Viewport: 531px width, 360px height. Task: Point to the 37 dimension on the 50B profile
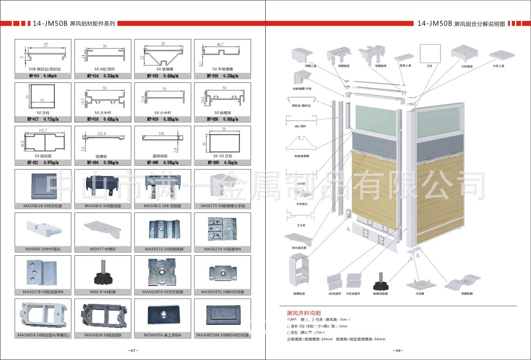45,45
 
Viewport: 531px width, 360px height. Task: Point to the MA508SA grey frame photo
43,315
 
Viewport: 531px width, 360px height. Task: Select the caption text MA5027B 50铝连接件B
43,292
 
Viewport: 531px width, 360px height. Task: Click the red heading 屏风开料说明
304,313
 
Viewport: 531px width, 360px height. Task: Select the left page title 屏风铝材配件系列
93,24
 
